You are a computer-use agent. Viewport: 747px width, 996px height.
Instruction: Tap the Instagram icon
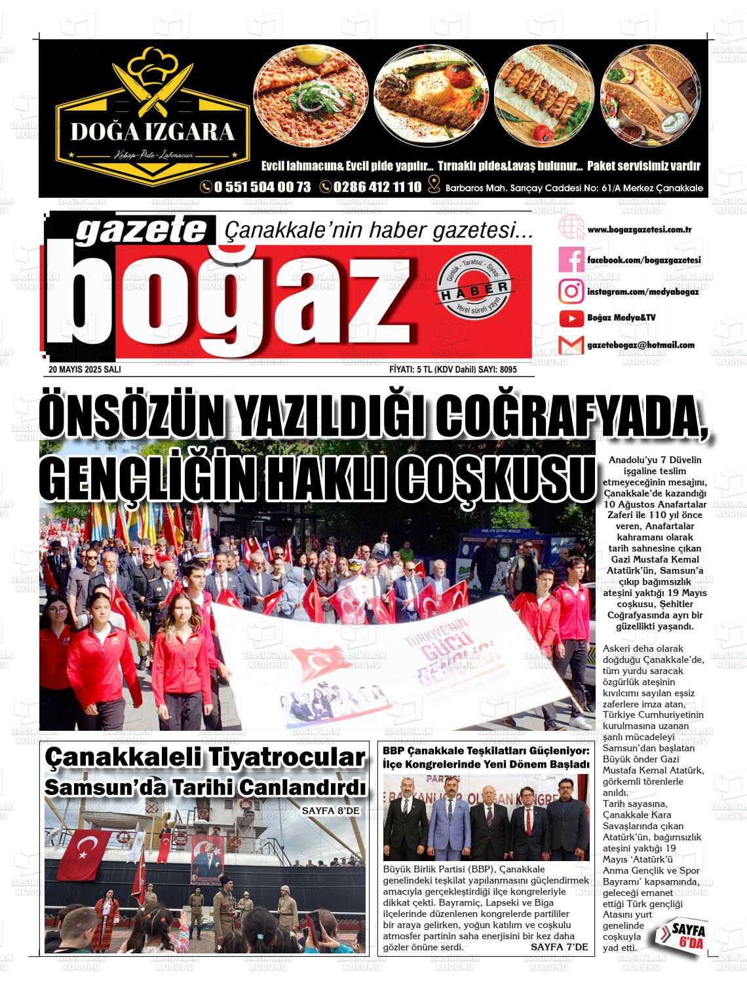pos(571,290)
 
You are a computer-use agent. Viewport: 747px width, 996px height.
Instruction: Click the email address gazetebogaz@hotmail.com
pos(640,345)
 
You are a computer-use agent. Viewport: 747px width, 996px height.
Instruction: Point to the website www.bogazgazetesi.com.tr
pos(640,230)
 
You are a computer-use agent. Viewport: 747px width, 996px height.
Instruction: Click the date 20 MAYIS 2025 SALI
pos(85,370)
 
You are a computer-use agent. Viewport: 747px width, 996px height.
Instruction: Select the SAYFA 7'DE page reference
pos(559,947)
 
